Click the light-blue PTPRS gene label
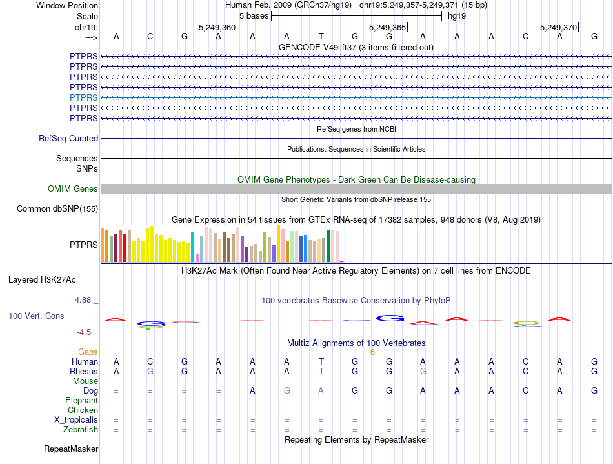click(84, 97)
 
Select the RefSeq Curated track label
click(68, 138)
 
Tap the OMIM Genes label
click(73, 189)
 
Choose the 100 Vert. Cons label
click(37, 316)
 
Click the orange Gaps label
click(88, 352)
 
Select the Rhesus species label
click(84, 372)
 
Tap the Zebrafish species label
click(81, 430)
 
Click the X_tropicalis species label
click(76, 420)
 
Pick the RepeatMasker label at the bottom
click(71, 449)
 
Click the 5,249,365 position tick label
click(387, 27)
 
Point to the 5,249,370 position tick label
click(559, 27)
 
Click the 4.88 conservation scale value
click(84, 300)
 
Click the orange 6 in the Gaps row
click(372, 352)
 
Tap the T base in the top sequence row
click(321, 36)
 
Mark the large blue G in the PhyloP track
click(390, 318)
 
